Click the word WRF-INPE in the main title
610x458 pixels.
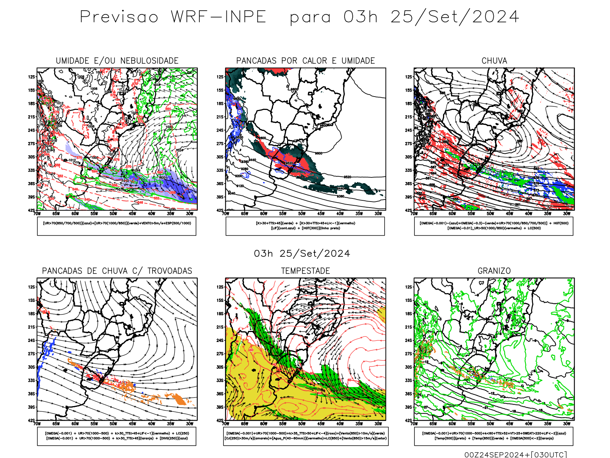coord(218,17)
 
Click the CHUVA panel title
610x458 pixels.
coord(494,61)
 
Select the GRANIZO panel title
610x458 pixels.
coord(494,271)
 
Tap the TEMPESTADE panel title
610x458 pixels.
coord(305,271)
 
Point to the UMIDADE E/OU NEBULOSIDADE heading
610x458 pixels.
coord(117,61)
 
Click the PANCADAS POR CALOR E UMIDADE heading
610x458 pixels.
coord(305,61)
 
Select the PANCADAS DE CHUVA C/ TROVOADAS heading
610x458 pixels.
coord(117,271)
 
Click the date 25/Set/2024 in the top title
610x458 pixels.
coord(454,17)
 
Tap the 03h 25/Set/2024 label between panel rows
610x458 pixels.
coord(302,253)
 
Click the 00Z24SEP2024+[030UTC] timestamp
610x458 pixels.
coord(515,455)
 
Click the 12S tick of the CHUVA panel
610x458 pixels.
coord(409,77)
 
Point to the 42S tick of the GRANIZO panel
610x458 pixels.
coord(409,420)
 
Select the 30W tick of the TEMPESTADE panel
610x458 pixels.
coord(378,424)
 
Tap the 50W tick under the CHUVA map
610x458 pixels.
coord(490,214)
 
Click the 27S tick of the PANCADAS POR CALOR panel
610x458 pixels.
coord(220,144)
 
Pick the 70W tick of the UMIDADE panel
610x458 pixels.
coord(37,214)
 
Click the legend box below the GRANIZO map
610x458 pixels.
coord(494,436)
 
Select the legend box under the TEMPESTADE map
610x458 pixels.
coord(305,436)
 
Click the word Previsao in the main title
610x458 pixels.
coord(119,17)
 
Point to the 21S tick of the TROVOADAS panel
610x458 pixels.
coord(31,327)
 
